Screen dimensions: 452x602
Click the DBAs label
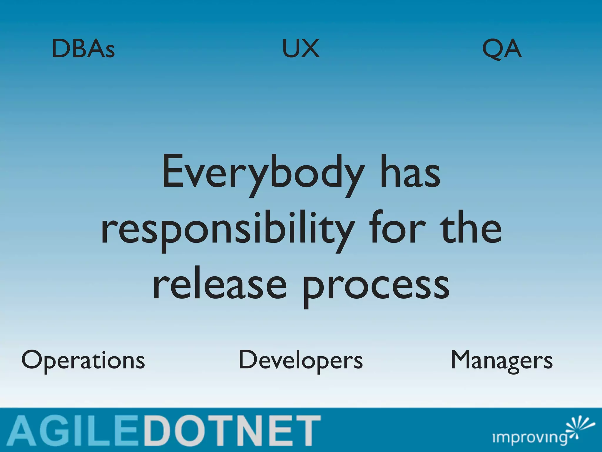[x=83, y=49]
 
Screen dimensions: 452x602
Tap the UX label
[x=301, y=49]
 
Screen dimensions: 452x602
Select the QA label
[x=502, y=49]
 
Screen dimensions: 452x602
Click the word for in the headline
[x=397, y=228]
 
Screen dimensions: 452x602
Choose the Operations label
[x=83, y=360]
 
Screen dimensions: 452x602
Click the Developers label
[x=301, y=360]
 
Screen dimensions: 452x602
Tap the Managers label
[x=501, y=360]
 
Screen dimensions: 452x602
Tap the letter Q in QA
[x=492, y=49]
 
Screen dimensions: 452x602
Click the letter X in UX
[x=311, y=49]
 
